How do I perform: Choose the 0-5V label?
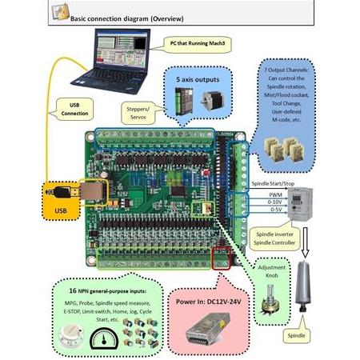click(x=276, y=210)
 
